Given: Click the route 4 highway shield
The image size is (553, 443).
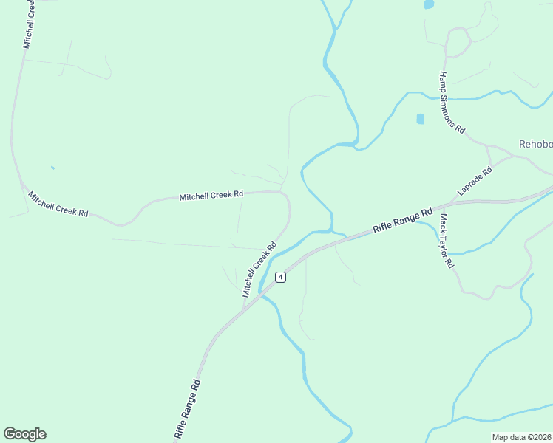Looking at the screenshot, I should coord(280,277).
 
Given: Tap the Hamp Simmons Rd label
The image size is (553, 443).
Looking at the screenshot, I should coord(452,103).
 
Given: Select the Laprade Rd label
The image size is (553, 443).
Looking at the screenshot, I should coord(475,179).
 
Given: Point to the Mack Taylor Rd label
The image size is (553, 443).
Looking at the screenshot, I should coord(446,241).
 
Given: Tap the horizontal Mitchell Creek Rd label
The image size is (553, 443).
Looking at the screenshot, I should coord(211,196).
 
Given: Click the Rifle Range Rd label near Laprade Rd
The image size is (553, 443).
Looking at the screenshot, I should coord(403,220).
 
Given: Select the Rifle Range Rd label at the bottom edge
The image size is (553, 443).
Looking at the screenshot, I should coord(187,411).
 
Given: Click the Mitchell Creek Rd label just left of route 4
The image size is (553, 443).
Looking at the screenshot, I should coord(259,269).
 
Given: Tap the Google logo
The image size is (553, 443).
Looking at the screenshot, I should coord(24,434).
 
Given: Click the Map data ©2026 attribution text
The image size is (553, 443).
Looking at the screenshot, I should coord(521,437).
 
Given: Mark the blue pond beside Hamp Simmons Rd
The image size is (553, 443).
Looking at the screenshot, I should coord(421,119).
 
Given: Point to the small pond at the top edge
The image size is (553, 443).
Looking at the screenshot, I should coord(428,4).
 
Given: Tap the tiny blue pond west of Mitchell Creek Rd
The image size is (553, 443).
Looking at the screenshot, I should coord(52,168).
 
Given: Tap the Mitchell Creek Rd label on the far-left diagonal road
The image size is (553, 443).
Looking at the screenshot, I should coord(58,204).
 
